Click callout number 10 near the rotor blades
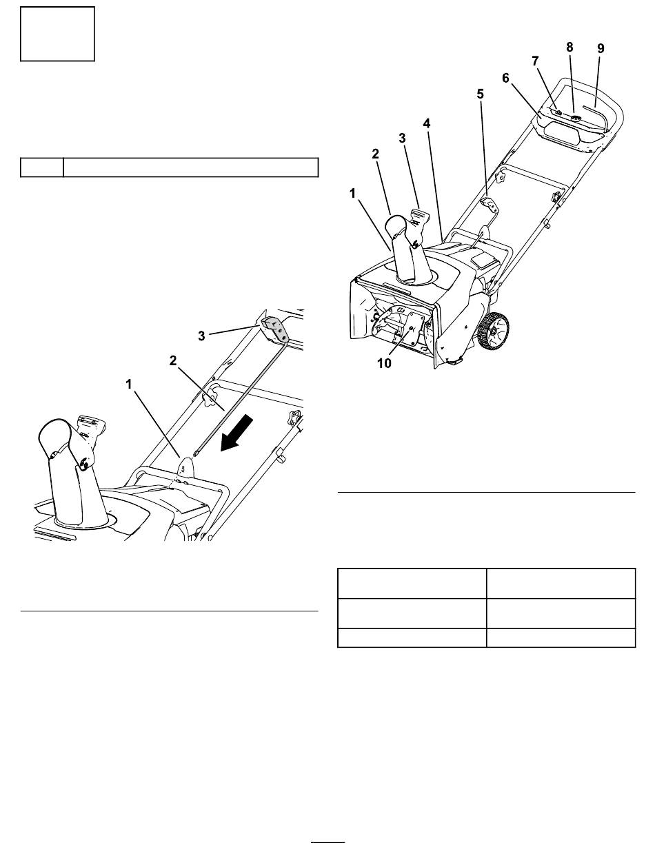click(x=384, y=363)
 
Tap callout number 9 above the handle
click(x=601, y=48)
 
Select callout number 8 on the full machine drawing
click(x=570, y=48)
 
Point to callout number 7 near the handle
click(x=536, y=61)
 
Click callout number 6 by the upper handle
click(x=507, y=79)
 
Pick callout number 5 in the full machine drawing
click(x=480, y=96)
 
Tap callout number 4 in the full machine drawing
click(x=427, y=123)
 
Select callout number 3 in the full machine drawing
click(x=402, y=138)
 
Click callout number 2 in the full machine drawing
click(x=376, y=154)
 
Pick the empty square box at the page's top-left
click(x=57, y=34)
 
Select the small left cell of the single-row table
click(x=41, y=167)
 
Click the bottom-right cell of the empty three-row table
click(x=561, y=638)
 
